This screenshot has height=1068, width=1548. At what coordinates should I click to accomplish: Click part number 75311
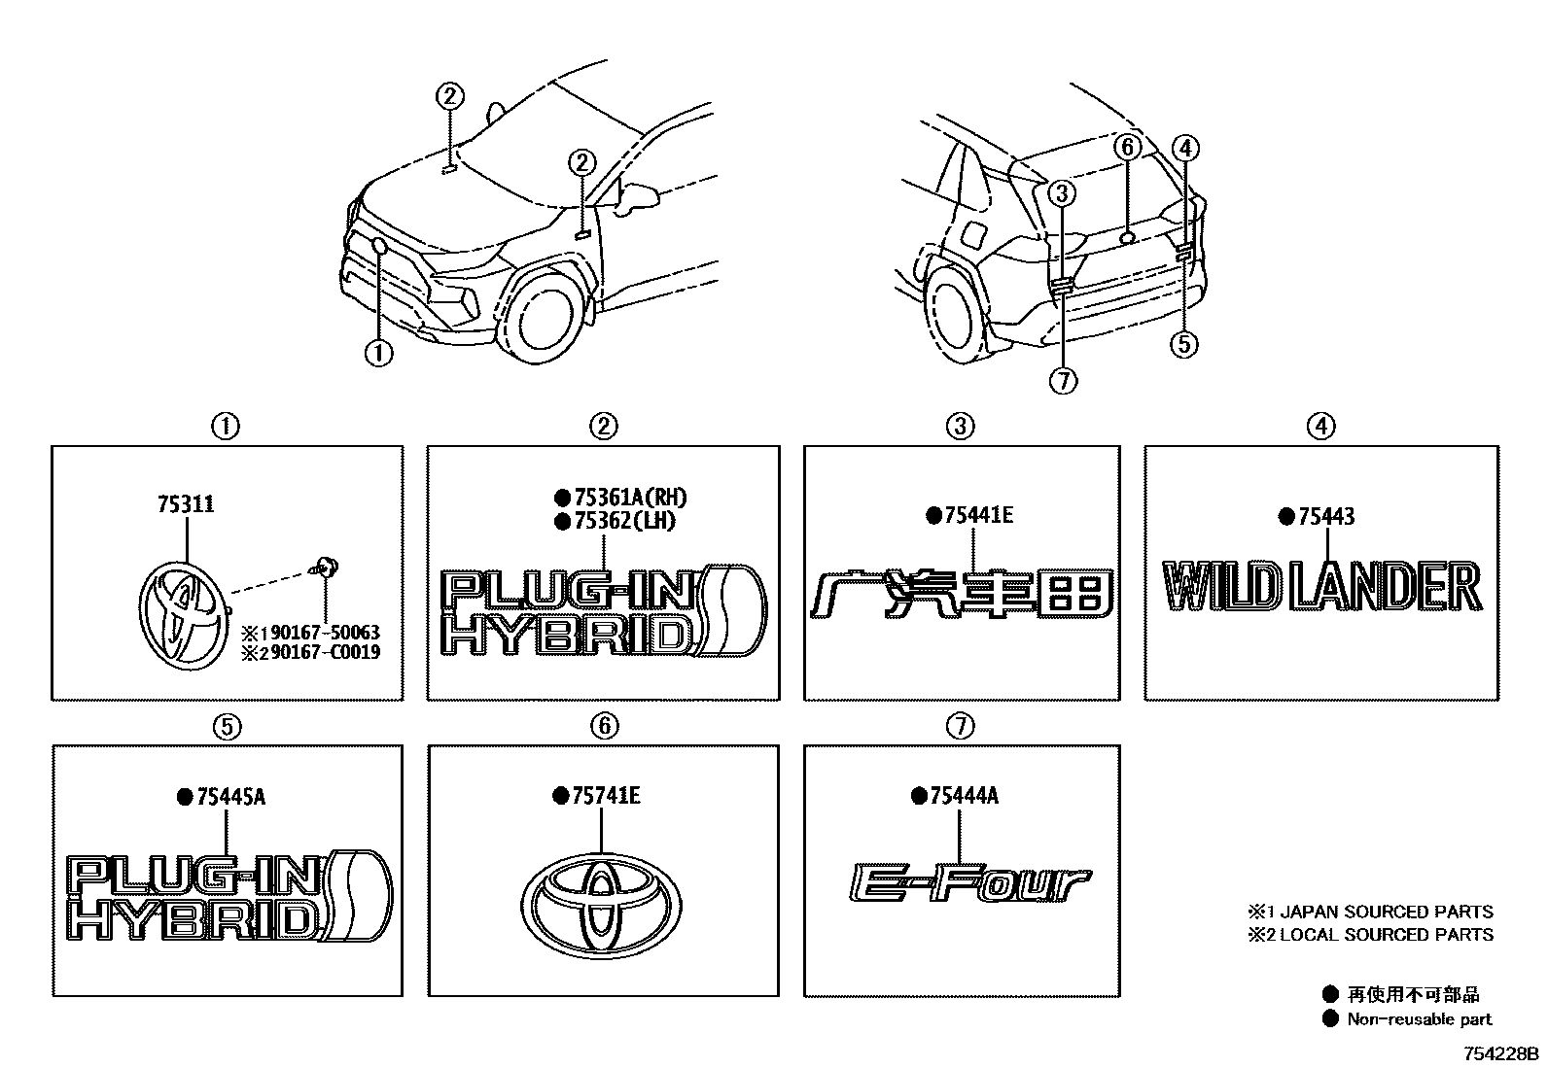click(x=185, y=504)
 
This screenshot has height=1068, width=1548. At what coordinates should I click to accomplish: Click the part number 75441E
click(x=977, y=515)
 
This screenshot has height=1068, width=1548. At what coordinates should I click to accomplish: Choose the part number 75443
click(x=1326, y=516)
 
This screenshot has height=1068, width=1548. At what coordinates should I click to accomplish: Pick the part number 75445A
click(x=230, y=797)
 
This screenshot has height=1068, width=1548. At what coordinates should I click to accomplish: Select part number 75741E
click(x=604, y=796)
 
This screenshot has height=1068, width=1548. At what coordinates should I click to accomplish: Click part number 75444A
click(x=963, y=796)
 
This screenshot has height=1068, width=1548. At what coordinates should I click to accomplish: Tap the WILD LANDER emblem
click(x=1322, y=587)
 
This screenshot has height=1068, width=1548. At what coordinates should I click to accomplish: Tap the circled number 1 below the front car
click(x=378, y=354)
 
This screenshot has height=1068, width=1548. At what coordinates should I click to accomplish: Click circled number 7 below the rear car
click(x=1063, y=380)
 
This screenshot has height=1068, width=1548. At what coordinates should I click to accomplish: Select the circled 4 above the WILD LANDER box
click(x=1320, y=426)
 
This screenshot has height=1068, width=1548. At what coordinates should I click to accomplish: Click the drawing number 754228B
click(x=1503, y=1053)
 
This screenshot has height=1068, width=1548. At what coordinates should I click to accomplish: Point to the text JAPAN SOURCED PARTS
click(x=1386, y=912)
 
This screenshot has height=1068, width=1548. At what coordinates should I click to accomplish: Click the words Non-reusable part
click(x=1419, y=1019)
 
